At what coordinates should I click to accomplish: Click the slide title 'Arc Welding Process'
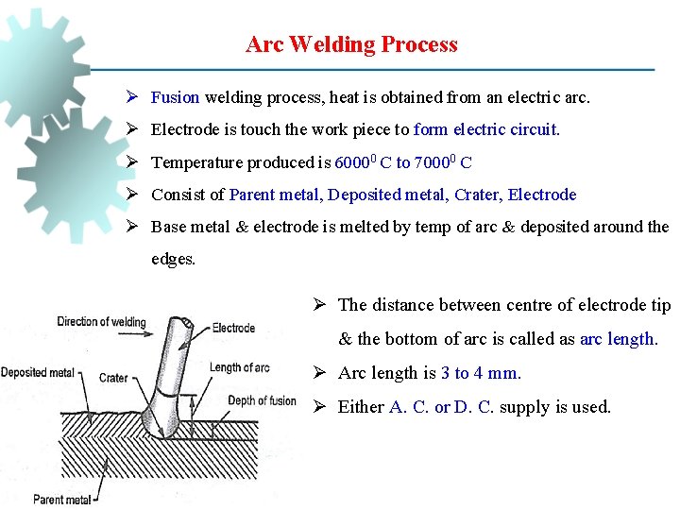(x=351, y=44)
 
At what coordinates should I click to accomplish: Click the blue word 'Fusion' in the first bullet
(x=175, y=97)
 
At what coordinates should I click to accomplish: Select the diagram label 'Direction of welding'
(x=101, y=322)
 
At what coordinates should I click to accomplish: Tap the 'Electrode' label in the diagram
(x=233, y=328)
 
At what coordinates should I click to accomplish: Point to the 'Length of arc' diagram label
(x=239, y=367)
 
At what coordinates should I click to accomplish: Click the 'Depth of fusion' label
(x=262, y=400)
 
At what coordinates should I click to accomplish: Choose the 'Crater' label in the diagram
(x=113, y=378)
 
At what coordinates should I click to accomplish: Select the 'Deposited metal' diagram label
(x=37, y=372)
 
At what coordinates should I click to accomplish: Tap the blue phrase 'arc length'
(x=618, y=339)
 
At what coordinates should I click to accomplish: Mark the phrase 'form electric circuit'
(x=486, y=130)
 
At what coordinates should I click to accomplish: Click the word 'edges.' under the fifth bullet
(x=173, y=259)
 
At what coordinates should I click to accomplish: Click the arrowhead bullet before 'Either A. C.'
(x=320, y=407)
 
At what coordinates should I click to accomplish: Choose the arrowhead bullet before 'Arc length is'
(x=320, y=373)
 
